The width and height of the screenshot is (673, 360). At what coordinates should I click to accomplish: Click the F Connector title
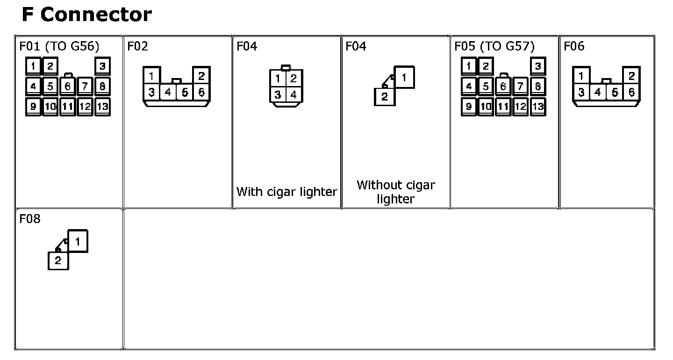(x=86, y=15)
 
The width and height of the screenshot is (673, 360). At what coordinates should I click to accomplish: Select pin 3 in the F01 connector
(x=102, y=66)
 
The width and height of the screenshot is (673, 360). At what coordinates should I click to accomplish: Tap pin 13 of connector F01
(x=102, y=107)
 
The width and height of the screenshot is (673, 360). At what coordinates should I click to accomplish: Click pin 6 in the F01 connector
(x=68, y=86)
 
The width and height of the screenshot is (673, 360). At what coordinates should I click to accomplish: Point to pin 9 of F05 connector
(x=469, y=107)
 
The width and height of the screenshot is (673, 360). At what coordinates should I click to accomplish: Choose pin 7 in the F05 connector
(x=521, y=86)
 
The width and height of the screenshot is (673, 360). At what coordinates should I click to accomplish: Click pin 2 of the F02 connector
(x=201, y=76)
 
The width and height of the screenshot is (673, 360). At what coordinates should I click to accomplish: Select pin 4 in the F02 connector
(x=168, y=93)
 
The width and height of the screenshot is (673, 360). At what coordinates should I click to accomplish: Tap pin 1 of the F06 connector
(x=581, y=76)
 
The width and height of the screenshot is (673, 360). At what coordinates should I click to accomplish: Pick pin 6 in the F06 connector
(x=631, y=93)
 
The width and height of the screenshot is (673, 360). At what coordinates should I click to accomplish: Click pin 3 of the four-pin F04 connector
(x=278, y=95)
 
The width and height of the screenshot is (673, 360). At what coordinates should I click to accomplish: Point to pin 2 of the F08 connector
(x=58, y=261)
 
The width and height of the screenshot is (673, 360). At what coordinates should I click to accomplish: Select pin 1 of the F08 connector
(x=78, y=242)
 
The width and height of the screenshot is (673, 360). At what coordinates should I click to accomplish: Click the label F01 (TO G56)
(x=59, y=46)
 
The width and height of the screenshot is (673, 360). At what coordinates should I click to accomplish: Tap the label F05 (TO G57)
(x=494, y=46)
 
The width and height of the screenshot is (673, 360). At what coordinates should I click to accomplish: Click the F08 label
(x=30, y=219)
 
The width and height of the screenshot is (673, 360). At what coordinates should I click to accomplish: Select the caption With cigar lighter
(x=286, y=192)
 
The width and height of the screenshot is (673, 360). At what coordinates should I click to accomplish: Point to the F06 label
(x=574, y=46)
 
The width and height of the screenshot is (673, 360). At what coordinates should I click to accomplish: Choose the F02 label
(x=137, y=46)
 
